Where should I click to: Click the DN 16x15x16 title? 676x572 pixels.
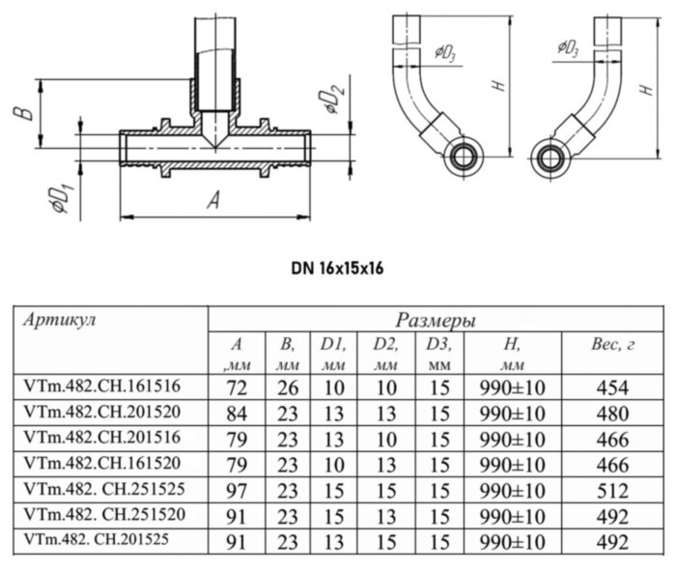337,268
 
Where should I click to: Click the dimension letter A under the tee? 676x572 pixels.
213,200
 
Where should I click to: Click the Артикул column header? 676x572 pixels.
59,319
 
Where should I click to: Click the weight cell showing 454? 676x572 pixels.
612,387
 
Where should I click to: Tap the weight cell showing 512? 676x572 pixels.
612,489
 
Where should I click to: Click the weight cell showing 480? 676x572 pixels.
612,413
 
